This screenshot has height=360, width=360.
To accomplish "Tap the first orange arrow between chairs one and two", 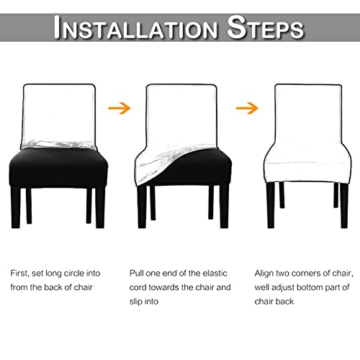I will coord(120,109).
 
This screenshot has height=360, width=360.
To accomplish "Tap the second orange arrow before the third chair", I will coord(248,109).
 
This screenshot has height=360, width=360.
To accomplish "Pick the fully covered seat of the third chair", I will coord(302,158).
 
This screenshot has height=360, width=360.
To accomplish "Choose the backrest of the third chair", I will coord(302,108).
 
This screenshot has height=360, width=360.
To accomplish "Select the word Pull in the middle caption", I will coord(138,274).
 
